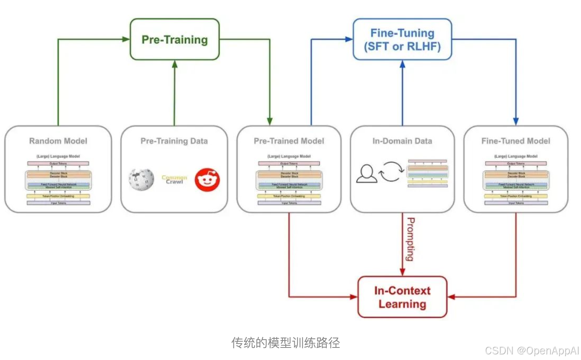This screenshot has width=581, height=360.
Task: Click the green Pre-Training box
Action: click(174, 39)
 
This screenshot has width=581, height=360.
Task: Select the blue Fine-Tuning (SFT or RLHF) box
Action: click(402, 39)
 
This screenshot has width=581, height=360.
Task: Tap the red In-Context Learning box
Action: click(402, 297)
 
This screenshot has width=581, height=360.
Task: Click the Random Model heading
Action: click(58, 141)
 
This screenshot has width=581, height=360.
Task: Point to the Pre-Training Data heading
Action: click(174, 141)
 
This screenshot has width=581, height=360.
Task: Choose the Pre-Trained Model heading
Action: click(289, 141)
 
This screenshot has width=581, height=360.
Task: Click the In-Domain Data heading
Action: click(402, 141)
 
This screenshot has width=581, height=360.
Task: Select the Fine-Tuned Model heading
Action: click(516, 141)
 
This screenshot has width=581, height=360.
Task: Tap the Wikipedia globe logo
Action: click(141, 180)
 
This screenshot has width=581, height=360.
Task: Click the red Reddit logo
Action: click(207, 180)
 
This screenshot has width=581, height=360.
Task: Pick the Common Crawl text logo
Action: click(174, 180)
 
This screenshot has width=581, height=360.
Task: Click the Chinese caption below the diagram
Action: click(286, 343)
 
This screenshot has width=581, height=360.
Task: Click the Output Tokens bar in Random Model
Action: click(58, 163)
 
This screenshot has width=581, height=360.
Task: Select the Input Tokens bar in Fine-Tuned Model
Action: click(516, 202)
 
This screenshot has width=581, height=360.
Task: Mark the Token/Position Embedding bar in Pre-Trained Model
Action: click(289, 196)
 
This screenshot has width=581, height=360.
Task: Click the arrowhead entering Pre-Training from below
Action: click(174, 63)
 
